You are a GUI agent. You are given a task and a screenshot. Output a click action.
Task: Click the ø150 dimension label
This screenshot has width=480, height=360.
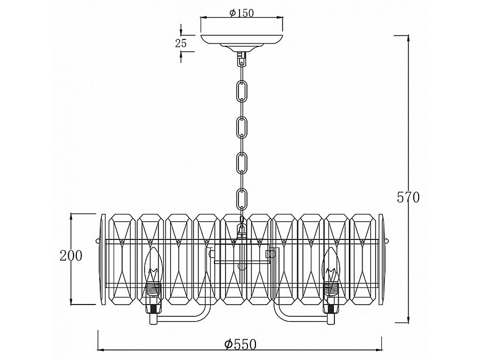242,13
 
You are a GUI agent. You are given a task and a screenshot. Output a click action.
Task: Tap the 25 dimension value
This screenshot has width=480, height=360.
181,44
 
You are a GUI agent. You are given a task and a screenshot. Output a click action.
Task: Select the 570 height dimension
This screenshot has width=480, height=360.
408,197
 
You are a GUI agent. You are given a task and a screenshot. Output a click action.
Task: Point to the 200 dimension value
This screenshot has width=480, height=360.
71,255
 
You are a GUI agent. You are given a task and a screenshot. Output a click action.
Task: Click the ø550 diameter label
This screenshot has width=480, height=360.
241,345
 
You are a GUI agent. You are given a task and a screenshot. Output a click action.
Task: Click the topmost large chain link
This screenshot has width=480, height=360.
242,91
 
